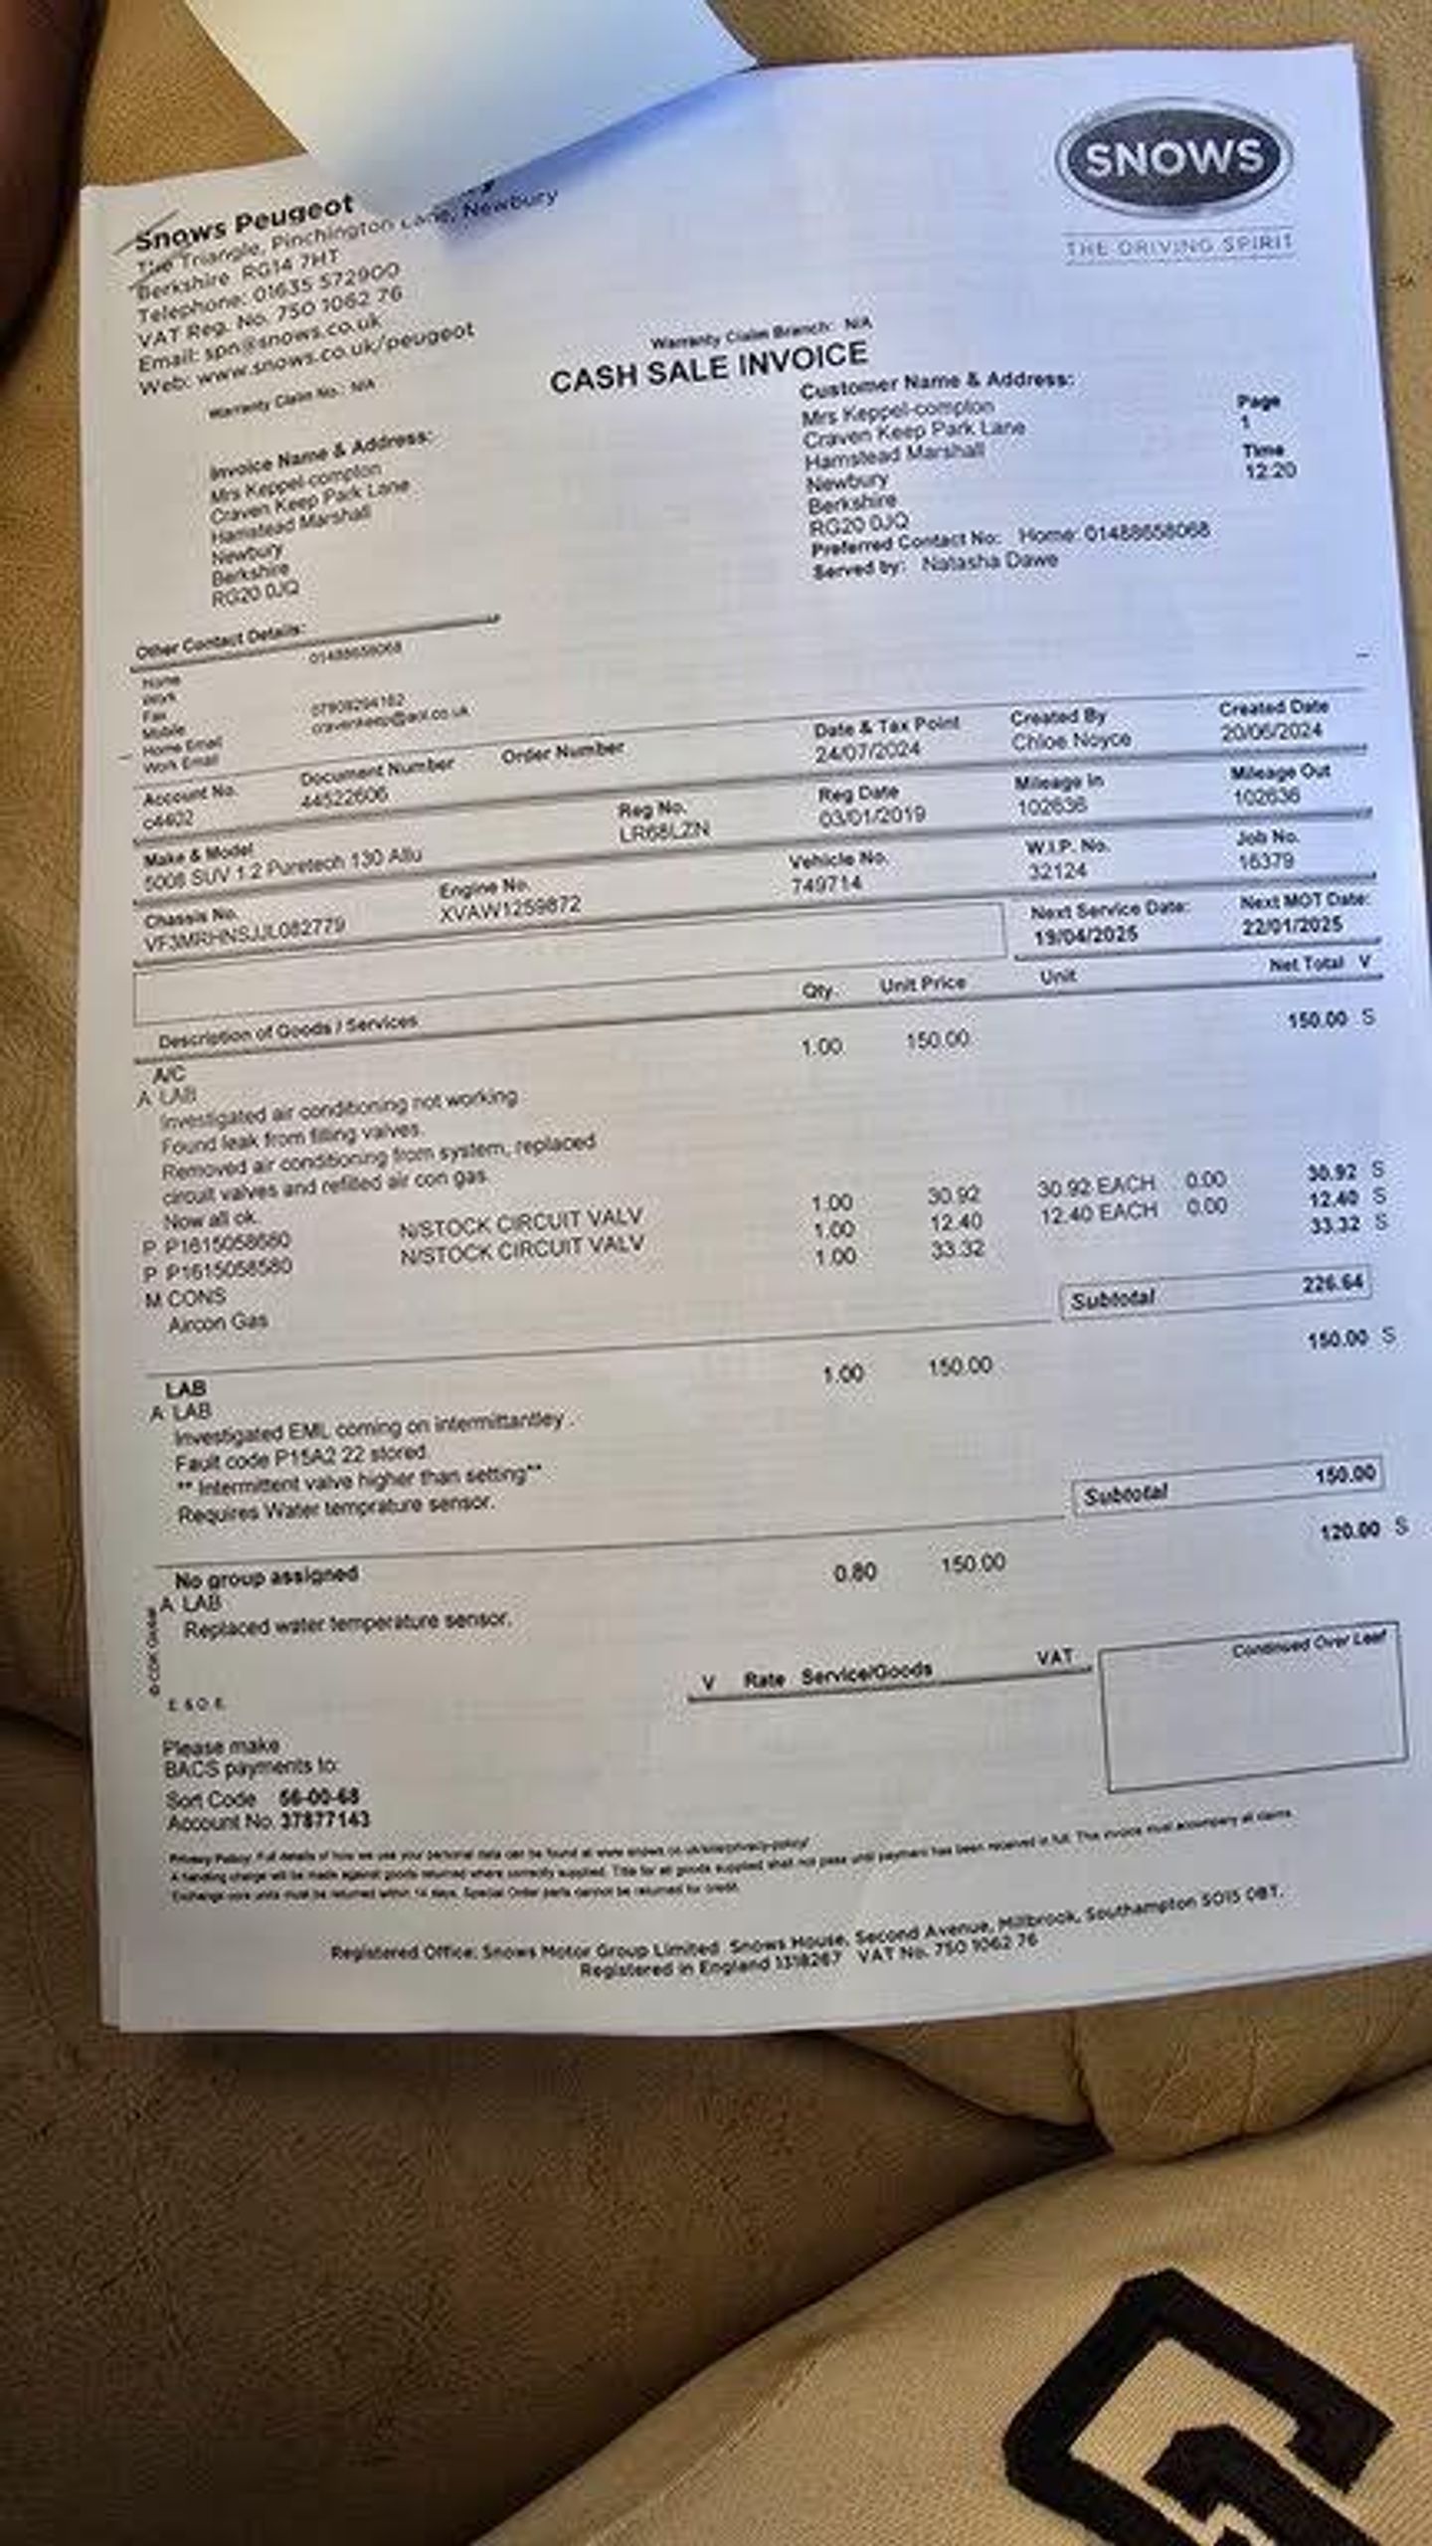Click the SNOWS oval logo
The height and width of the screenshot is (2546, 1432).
(x=1173, y=159)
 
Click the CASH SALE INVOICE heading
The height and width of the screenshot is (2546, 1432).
(x=708, y=367)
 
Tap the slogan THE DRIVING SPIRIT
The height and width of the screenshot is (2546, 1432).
(x=1178, y=245)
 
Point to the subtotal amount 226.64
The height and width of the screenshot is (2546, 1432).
(x=1333, y=1283)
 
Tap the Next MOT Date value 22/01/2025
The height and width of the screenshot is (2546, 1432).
(x=1291, y=926)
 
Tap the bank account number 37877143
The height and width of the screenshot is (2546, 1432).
(x=325, y=1819)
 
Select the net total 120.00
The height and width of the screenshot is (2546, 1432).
(x=1349, y=1531)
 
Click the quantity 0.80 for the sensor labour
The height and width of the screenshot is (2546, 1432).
(x=854, y=1572)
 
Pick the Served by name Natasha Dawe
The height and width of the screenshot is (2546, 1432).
(x=988, y=561)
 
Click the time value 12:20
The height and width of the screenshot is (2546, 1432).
(x=1270, y=470)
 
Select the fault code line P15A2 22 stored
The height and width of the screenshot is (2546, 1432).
(x=301, y=1458)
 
